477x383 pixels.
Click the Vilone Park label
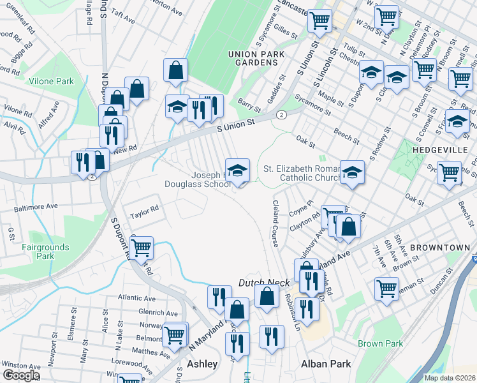(x=51, y=81)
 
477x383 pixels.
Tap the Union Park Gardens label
(x=256, y=58)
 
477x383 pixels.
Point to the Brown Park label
(x=380, y=343)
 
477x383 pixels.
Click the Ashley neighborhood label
(x=202, y=364)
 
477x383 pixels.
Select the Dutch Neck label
(x=260, y=282)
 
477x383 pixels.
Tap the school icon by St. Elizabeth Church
(x=351, y=172)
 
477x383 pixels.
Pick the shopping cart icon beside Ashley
(x=173, y=334)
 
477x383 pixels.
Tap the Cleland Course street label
(x=275, y=223)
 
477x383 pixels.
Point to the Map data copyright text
(x=449, y=378)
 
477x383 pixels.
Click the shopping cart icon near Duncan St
(x=386, y=289)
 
